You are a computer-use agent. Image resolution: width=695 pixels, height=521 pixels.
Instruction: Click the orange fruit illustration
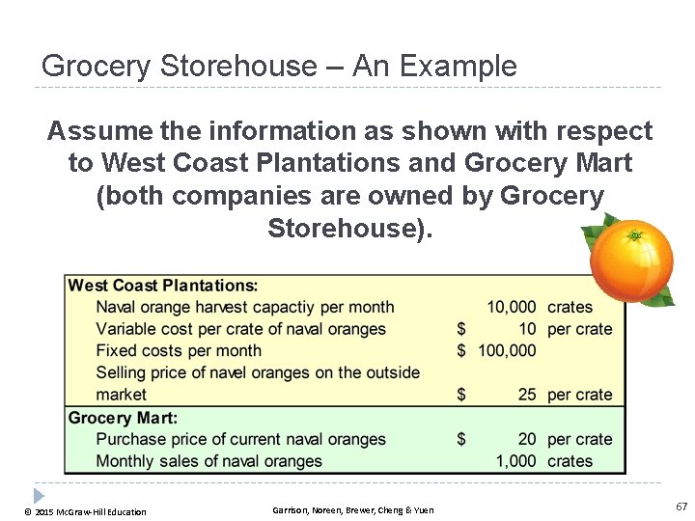pyautogui.click(x=632, y=261)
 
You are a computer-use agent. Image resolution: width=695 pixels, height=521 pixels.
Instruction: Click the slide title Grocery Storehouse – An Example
pyautogui.click(x=279, y=67)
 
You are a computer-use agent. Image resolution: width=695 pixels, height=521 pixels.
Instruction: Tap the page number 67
pyautogui.click(x=681, y=507)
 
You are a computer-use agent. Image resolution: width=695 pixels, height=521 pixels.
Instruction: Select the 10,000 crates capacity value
pyautogui.click(x=512, y=307)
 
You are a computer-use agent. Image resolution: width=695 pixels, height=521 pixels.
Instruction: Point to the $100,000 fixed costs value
pyautogui.click(x=507, y=350)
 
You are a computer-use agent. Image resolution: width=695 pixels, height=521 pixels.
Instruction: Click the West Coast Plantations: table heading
pyautogui.click(x=163, y=286)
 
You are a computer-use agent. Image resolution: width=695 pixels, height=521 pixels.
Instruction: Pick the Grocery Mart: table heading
pyautogui.click(x=123, y=418)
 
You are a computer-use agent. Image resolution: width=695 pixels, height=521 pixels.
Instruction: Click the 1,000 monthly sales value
pyautogui.click(x=516, y=461)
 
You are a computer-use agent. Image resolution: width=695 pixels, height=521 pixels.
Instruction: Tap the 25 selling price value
pyautogui.click(x=526, y=395)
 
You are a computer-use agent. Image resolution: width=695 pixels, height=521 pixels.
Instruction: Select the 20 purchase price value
pyautogui.click(x=526, y=439)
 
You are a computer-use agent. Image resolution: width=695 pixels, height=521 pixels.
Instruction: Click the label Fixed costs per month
pyautogui.click(x=179, y=350)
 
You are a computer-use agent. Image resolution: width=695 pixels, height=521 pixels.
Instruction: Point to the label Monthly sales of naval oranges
pyautogui.click(x=208, y=461)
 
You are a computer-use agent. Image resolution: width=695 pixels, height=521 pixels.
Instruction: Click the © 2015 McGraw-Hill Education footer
pyautogui.click(x=86, y=511)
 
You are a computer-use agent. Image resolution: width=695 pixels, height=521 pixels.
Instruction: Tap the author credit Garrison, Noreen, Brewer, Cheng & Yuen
pyautogui.click(x=353, y=509)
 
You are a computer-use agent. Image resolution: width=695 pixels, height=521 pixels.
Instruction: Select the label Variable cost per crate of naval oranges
pyautogui.click(x=240, y=329)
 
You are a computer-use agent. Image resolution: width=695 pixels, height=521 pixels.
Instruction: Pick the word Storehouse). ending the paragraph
pyautogui.click(x=350, y=229)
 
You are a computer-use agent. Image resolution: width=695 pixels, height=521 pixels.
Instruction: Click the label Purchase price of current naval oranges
pyautogui.click(x=240, y=439)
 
